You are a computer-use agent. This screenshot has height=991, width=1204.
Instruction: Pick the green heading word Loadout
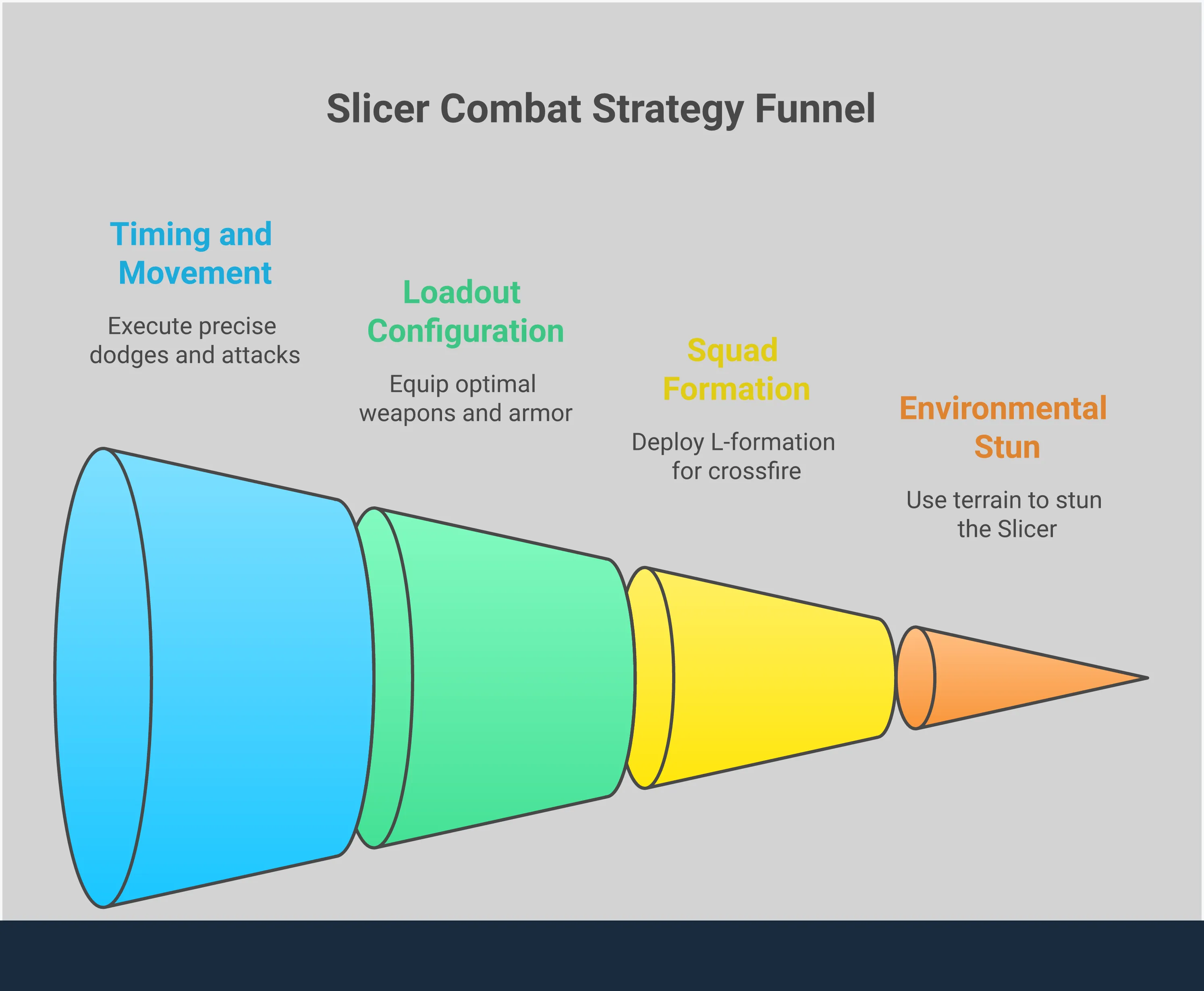click(461, 293)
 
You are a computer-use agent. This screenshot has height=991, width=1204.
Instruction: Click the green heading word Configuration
click(465, 331)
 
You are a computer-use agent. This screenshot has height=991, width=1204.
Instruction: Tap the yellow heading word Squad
click(733, 350)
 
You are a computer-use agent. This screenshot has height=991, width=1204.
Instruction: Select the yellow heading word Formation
click(736, 389)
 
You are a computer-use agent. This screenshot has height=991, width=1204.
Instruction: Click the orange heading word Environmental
click(1003, 409)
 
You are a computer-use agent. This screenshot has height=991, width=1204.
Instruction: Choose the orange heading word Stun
click(1007, 447)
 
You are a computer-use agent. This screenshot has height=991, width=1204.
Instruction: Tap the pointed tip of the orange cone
click(1145, 678)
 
